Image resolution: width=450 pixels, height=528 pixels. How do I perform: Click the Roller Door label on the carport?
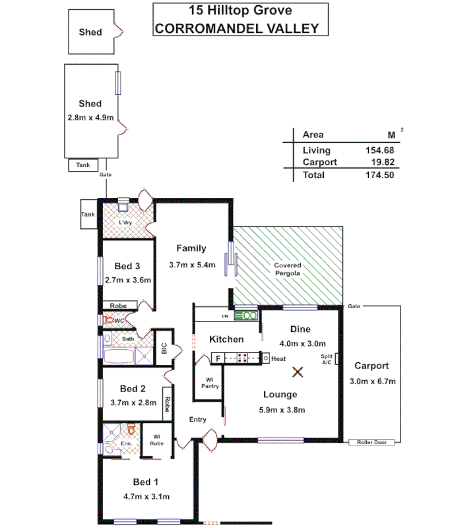tap(371, 442)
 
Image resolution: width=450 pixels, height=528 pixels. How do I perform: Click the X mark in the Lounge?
tap(298, 373)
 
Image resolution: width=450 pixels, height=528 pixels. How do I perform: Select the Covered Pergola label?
tap(287, 269)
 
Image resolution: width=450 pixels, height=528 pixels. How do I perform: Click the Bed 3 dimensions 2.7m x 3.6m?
tap(128, 280)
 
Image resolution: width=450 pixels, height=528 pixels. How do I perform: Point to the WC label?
tap(120, 321)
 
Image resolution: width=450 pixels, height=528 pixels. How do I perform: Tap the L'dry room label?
tap(125, 223)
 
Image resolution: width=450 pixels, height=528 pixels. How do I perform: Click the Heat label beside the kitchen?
tap(278, 358)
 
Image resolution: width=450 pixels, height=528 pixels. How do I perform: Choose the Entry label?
tap(197, 420)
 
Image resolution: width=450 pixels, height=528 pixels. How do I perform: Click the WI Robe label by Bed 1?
tap(156, 440)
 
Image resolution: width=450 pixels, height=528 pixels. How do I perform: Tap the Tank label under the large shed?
tap(83, 165)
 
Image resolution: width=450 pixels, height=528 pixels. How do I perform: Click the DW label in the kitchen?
tap(225, 316)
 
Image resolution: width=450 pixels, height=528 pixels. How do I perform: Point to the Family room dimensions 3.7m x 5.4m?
tap(191, 265)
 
